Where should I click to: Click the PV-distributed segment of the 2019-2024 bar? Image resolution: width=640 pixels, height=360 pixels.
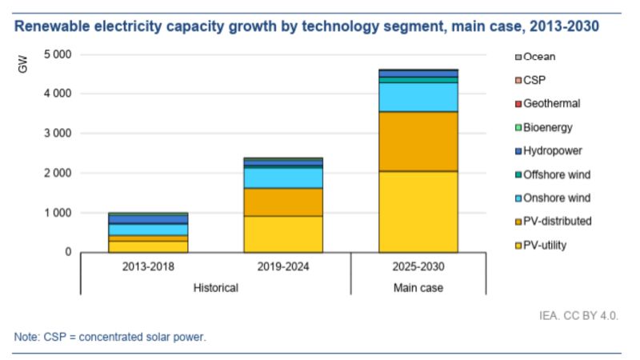tap(283, 202)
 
